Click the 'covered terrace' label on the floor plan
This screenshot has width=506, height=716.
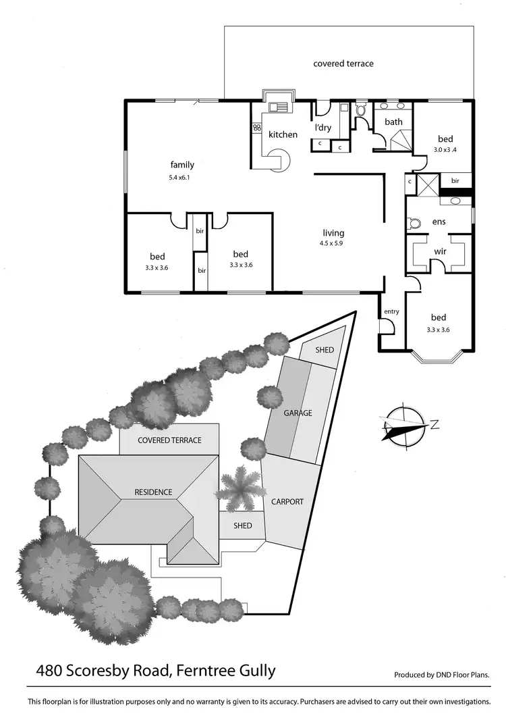343,63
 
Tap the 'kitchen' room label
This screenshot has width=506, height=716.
283,134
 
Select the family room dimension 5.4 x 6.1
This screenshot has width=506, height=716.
181,178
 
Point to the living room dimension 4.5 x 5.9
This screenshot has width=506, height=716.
333,244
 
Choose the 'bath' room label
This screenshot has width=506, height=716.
393,122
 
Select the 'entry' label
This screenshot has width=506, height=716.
391,311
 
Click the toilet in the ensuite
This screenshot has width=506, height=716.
415,222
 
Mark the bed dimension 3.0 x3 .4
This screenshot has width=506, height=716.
446,149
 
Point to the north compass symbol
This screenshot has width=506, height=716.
405,425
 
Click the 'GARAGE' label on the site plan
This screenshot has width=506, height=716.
297,413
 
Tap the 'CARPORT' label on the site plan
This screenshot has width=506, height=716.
287,502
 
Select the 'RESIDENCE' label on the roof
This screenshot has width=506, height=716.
152,492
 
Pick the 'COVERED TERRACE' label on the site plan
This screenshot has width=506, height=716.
169,440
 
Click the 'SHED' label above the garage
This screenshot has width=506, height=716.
325,349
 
